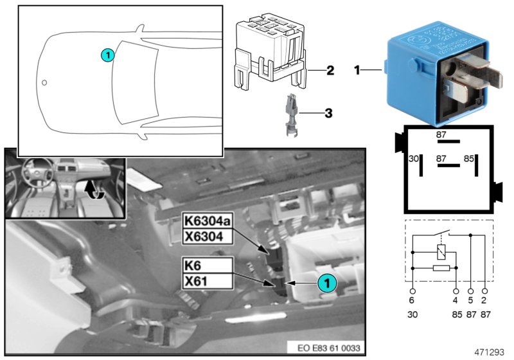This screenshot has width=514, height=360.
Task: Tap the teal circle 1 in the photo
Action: coord(326,282)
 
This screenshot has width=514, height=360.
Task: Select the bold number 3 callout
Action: coord(328,114)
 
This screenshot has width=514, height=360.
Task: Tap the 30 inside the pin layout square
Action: coord(414,157)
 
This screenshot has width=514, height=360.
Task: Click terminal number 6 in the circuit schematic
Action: coord(412,300)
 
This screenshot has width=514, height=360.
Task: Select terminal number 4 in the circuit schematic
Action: coord(456,300)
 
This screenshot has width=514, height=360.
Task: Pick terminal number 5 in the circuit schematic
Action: coord(471,300)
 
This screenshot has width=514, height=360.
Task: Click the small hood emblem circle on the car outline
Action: coord(44,82)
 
